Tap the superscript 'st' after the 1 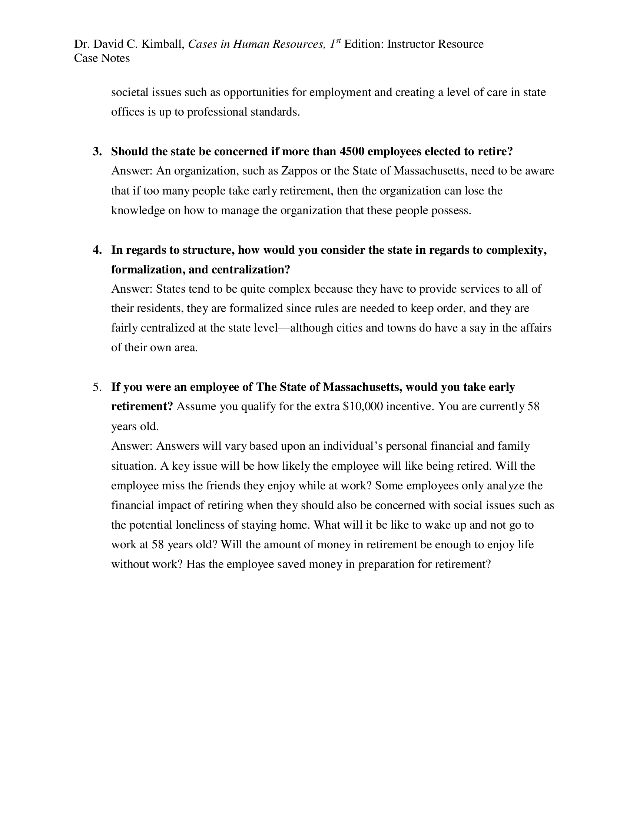click(338, 41)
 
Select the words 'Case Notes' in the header click(102, 58)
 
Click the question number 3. click(97, 151)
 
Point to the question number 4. click(97, 250)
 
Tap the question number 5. click(97, 387)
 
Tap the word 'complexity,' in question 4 click(516, 250)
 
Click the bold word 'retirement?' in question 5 click(142, 406)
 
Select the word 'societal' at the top click(129, 92)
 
